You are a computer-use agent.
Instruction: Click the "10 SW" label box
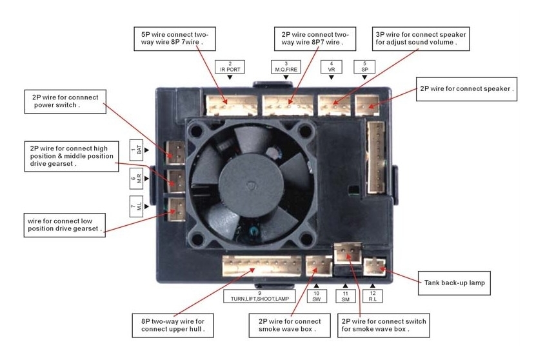pos(316,295)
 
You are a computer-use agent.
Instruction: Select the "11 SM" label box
pos(344,295)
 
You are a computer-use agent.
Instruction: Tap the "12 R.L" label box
pos(373,295)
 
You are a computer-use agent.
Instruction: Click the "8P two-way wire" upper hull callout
pos(172,325)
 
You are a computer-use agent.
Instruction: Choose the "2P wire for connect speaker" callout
pos(467,88)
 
